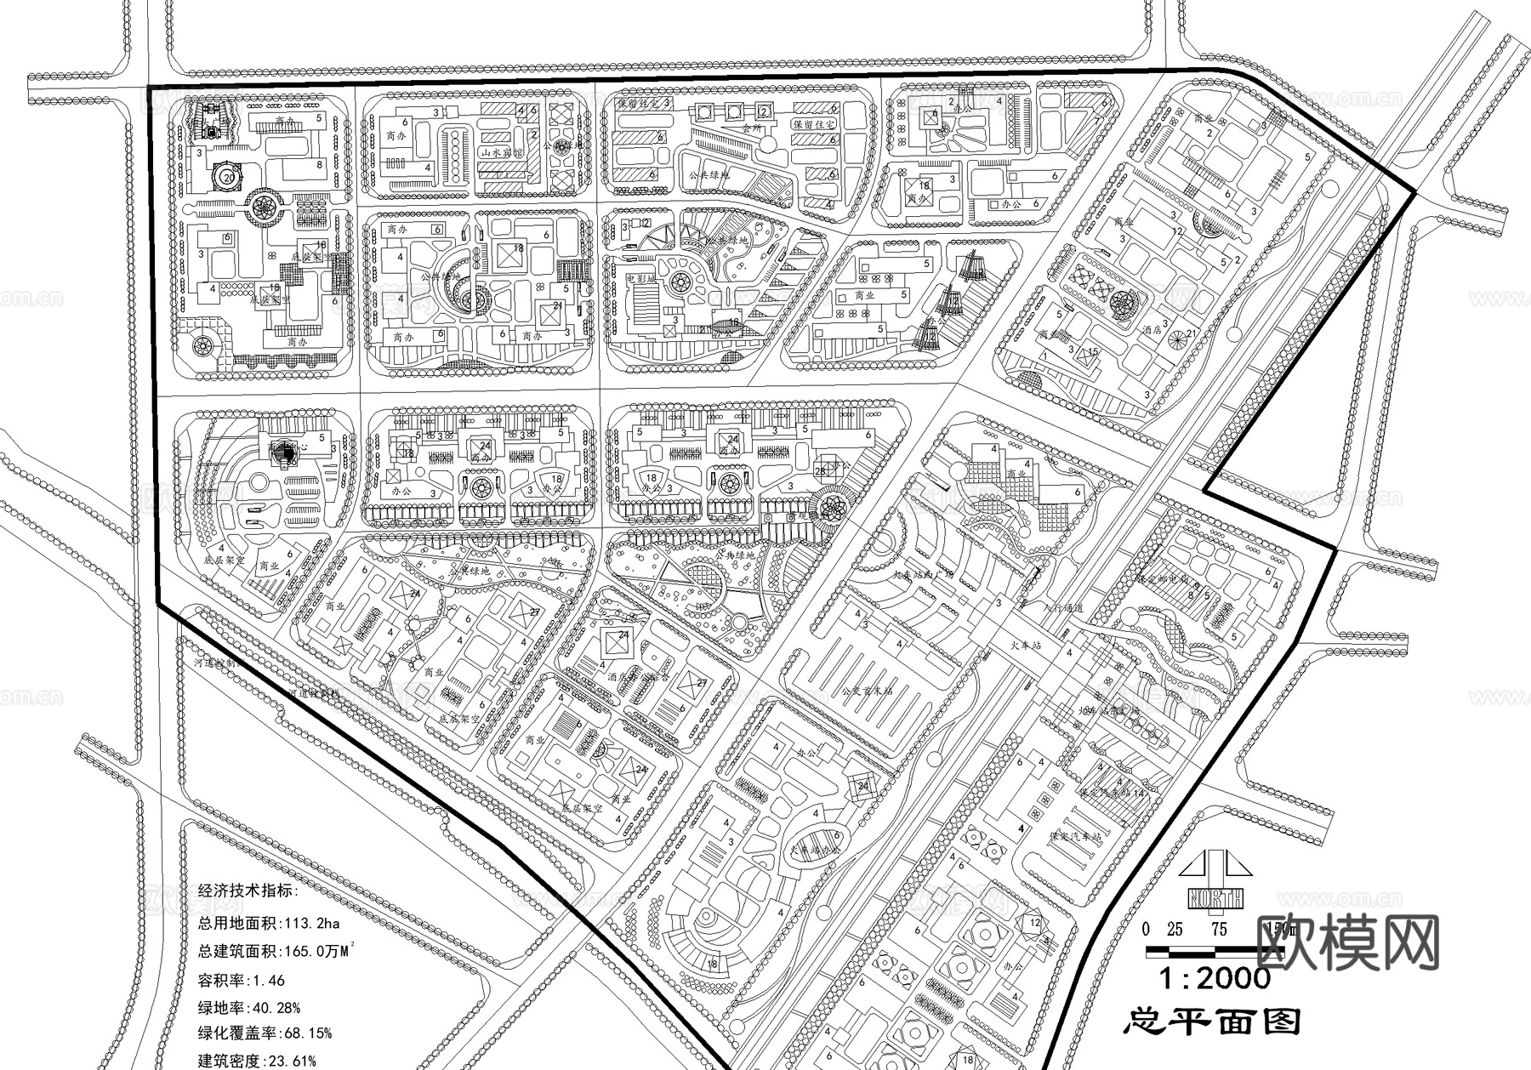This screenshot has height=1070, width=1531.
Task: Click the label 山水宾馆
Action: pos(501,153)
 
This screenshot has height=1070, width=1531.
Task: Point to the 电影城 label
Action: pos(641,278)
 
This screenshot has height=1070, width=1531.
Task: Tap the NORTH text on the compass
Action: pos(1215,897)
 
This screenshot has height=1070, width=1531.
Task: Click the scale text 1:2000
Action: pos(1215,978)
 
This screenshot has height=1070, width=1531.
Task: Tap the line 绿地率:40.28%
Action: pos(249,1008)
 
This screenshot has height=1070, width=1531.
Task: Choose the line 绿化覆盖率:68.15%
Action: pos(265,1033)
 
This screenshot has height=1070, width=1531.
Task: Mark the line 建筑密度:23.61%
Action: pos(257,1060)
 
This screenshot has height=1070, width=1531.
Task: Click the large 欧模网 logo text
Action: pos(1347,942)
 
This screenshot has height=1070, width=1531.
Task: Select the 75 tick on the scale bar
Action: pos(1219,930)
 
